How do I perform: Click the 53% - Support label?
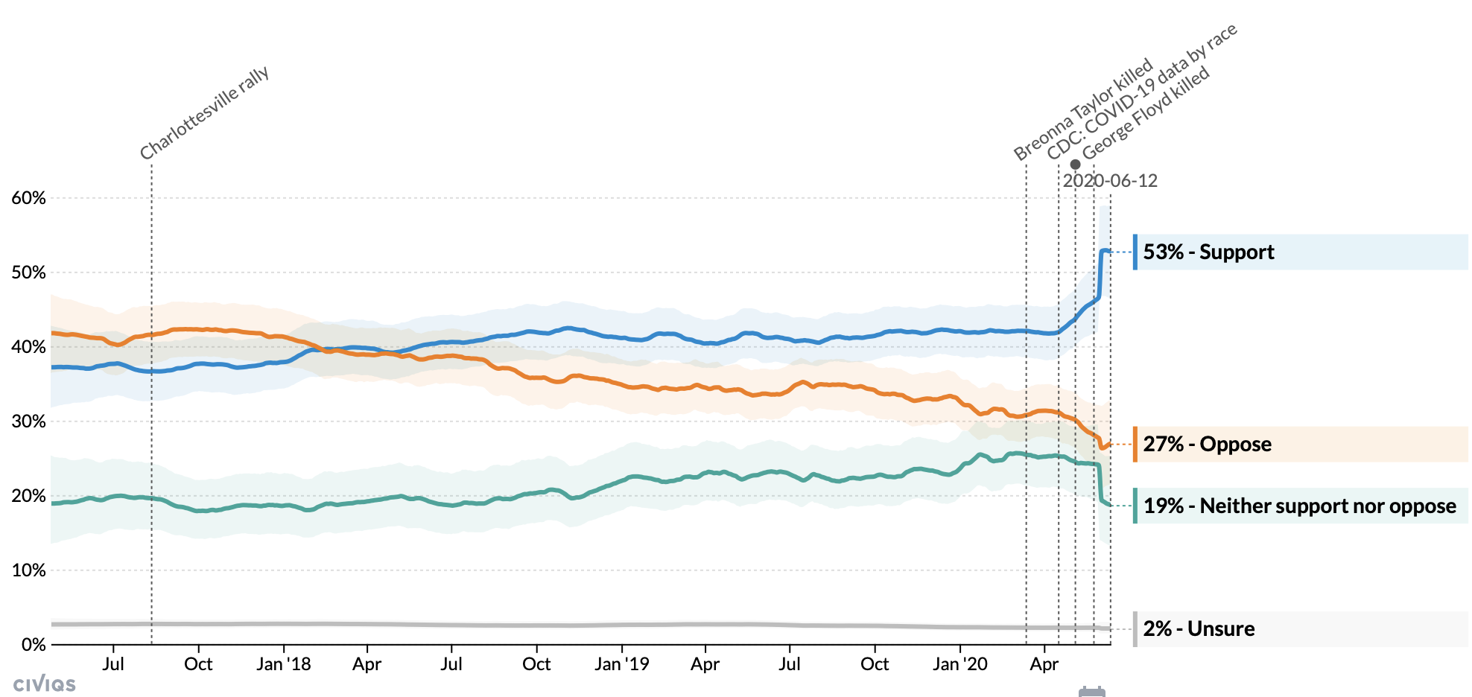pyautogui.click(x=1208, y=252)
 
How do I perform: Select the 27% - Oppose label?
pyautogui.click(x=1207, y=445)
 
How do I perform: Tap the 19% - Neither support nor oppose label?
pyautogui.click(x=1299, y=506)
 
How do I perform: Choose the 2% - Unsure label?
pyautogui.click(x=1199, y=629)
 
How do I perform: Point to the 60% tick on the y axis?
pyautogui.click(x=29, y=198)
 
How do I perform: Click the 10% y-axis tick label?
pyautogui.click(x=29, y=570)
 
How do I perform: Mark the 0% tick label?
pyautogui.click(x=34, y=645)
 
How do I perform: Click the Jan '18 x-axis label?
pyautogui.click(x=283, y=664)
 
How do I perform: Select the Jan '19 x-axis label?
pyautogui.click(x=621, y=664)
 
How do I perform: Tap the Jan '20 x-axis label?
pyautogui.click(x=959, y=664)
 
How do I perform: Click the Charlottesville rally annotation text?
pyautogui.click(x=204, y=113)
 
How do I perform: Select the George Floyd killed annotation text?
pyautogui.click(x=1146, y=113)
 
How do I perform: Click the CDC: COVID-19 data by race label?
pyautogui.click(x=1141, y=91)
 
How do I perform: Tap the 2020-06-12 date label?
pyautogui.click(x=1110, y=181)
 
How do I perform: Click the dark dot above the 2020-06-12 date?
pyautogui.click(x=1075, y=165)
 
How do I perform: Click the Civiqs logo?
pyautogui.click(x=45, y=684)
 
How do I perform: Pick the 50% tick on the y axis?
pyautogui.click(x=29, y=273)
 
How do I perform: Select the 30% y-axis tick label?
pyautogui.click(x=29, y=421)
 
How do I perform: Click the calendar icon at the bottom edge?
pyautogui.click(x=1092, y=692)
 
